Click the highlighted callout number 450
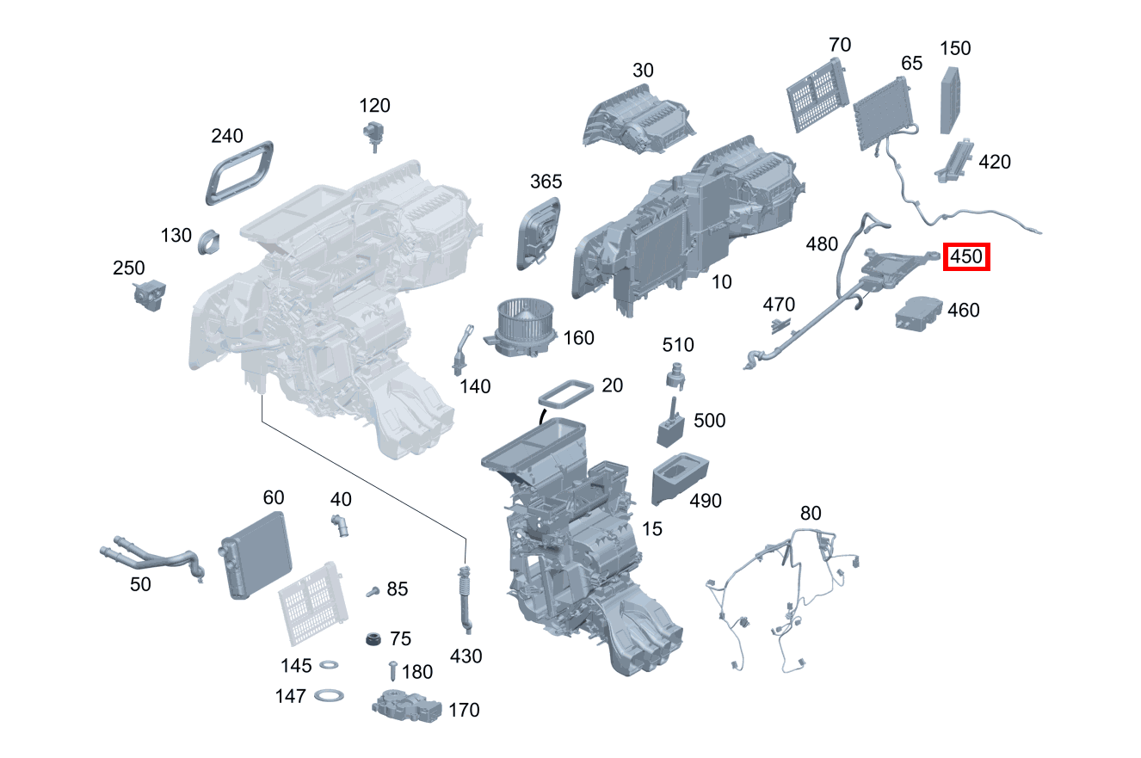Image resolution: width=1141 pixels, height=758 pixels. pos(966,256)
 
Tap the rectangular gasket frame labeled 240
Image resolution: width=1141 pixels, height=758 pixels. pos(240,172)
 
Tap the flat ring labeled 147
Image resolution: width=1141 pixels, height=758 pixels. pos(329,694)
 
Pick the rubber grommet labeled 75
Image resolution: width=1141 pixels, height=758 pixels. pos(373,639)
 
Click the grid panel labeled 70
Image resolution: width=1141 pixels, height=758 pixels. pos(817,95)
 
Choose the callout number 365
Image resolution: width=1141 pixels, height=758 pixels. pos(546,182)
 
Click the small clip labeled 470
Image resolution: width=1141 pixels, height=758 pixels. pos(780,324)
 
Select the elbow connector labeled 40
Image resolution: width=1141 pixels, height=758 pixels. pos(342,524)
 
